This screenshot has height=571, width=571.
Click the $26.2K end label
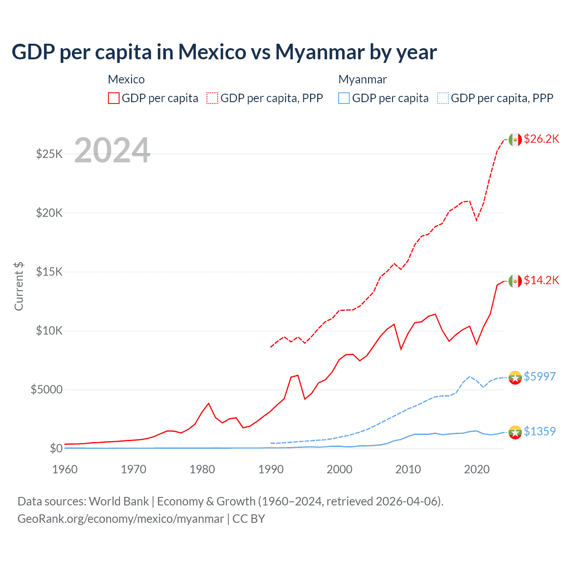coord(541,139)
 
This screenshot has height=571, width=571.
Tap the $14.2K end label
coord(541,281)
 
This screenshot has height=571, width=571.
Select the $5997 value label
coord(539,377)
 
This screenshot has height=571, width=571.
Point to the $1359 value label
coord(539,432)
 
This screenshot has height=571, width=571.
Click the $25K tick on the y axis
coord(49,154)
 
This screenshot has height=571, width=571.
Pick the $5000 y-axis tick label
coord(46,390)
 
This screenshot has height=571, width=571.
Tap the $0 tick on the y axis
coord(56,449)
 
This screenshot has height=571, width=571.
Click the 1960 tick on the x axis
coord(65,470)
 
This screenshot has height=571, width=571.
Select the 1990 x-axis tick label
coord(271,470)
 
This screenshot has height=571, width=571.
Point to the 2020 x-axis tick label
coord(476,470)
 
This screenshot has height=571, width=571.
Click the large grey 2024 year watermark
coord(112,150)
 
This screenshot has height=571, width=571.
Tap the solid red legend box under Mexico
coord(114,99)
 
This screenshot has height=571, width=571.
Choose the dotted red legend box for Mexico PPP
coord(212,99)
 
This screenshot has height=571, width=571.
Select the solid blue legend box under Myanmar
coord(344,99)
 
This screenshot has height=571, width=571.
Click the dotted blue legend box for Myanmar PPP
coord(443,99)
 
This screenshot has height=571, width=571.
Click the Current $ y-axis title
coord(19,286)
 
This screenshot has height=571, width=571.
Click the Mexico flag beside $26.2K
coord(515,140)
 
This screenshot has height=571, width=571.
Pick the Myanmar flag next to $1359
coord(515,432)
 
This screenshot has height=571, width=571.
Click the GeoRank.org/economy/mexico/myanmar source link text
coord(120,519)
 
